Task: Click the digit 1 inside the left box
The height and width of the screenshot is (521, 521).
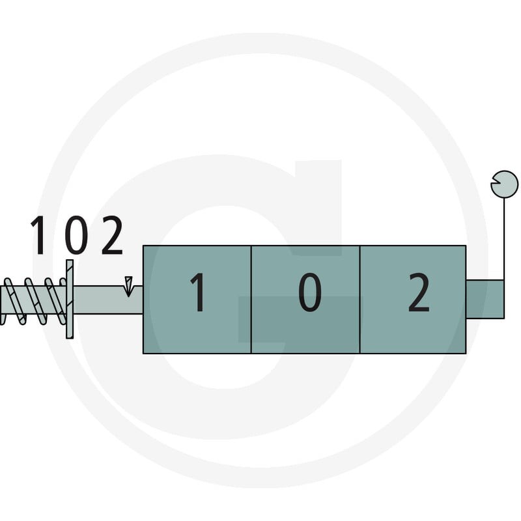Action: click(x=199, y=292)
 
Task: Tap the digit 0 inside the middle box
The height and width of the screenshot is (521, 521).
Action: click(x=309, y=292)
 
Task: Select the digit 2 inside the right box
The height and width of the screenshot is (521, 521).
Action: click(x=418, y=292)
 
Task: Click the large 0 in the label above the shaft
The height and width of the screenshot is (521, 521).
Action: click(x=76, y=235)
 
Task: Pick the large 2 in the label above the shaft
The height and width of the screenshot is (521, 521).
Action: click(x=112, y=235)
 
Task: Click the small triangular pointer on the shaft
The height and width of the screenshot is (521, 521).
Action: click(x=128, y=286)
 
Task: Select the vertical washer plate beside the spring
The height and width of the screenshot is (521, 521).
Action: click(x=70, y=299)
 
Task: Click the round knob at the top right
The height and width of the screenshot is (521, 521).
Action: click(x=504, y=184)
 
